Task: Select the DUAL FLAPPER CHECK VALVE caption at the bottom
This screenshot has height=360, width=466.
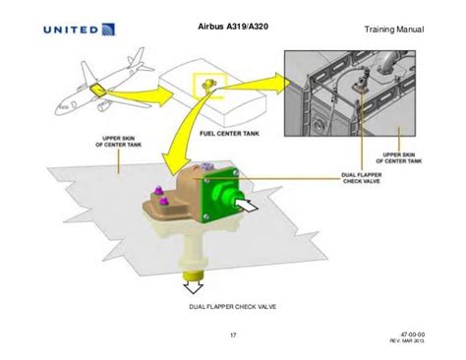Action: click(232, 307)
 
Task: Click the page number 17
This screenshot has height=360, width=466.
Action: click(233, 337)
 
